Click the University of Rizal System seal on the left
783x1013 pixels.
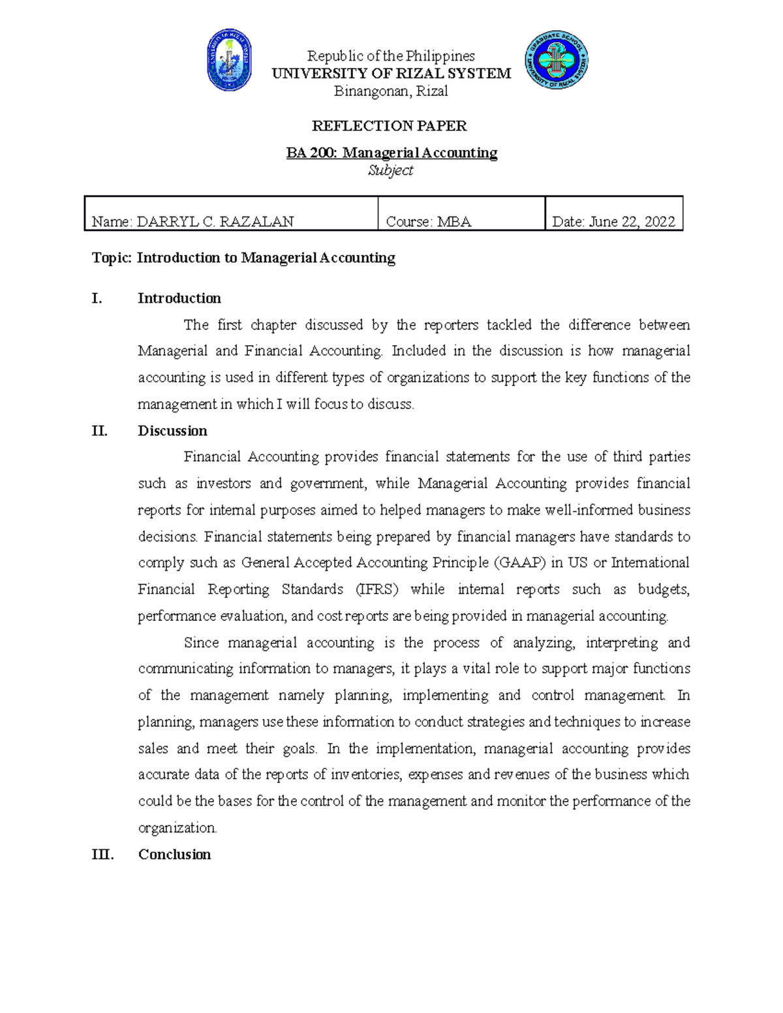[230, 60]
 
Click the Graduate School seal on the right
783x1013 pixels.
[557, 60]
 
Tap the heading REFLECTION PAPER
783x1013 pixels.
[390, 125]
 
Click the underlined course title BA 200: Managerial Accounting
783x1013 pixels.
[391, 153]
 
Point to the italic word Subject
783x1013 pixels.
[390, 170]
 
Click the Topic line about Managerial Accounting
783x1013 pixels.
[243, 258]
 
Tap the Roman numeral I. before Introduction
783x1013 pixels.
[97, 298]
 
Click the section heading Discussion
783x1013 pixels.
[172, 431]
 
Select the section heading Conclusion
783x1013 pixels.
[174, 854]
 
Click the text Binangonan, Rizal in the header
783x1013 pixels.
[391, 91]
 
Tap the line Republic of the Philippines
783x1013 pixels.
[391, 56]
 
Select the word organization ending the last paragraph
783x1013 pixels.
[177, 828]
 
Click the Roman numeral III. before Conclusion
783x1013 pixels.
[102, 854]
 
